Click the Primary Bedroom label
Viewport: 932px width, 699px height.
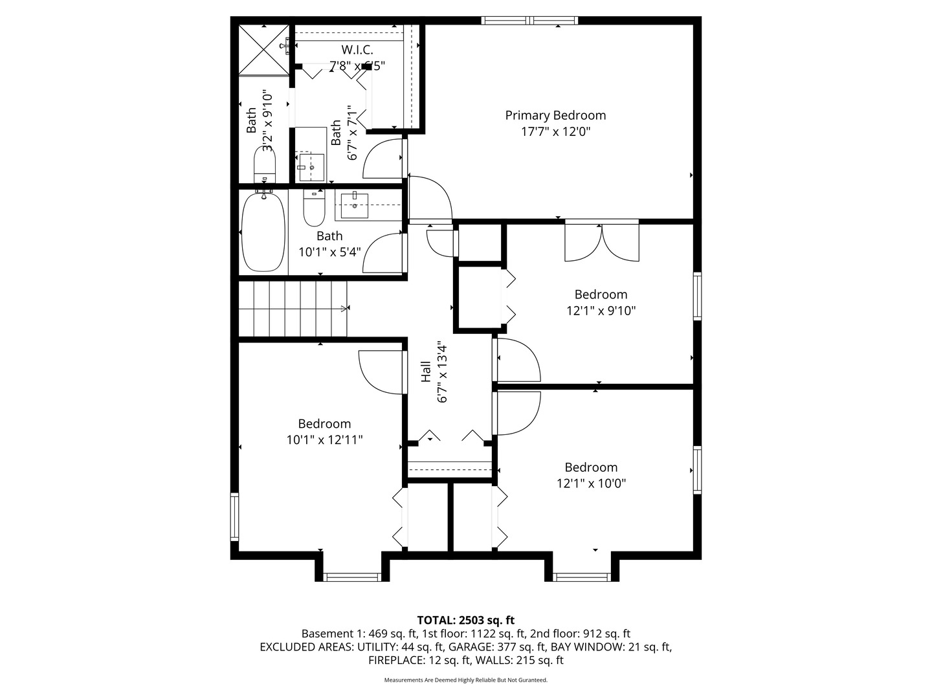(x=555, y=115)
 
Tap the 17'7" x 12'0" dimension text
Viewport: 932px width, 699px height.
(x=555, y=131)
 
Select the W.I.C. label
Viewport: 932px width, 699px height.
(x=357, y=50)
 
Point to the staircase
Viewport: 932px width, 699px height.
(x=293, y=309)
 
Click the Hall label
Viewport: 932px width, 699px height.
(x=426, y=373)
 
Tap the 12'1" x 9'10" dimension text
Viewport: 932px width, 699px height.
(x=601, y=311)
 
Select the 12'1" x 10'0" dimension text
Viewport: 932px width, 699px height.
(x=591, y=483)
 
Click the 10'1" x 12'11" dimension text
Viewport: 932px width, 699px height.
(x=324, y=440)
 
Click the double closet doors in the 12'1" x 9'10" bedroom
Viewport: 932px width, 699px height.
(x=602, y=242)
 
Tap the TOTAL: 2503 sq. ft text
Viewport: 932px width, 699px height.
(x=465, y=620)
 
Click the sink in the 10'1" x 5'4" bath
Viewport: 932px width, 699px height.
(x=354, y=206)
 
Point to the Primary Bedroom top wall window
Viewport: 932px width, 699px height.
(x=529, y=21)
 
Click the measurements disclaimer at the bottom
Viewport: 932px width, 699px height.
(x=465, y=680)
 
